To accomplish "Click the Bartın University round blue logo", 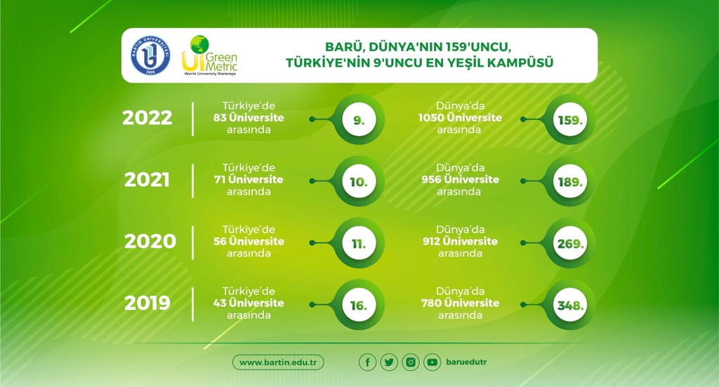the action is pos(150,55).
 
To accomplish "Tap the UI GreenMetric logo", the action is pos(209,55).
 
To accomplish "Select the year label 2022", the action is pos(147,118).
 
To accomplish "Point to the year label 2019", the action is pos(147,303).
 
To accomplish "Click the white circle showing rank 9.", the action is pos(359,119).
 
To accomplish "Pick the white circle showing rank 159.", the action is pos(570,119).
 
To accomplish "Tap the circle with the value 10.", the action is pos(359,182).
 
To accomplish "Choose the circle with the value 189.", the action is pos(570,182).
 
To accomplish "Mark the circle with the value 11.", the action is pos(359,243).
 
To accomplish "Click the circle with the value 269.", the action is pos(570,243).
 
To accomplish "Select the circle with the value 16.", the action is pos(359,305).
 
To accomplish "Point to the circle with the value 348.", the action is pos(570,305).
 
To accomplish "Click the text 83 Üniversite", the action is pos(249,118).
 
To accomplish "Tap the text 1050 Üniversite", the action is pos(460,118).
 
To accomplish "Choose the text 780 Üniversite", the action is pos(460,303).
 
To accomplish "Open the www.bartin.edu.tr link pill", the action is pos(278,362).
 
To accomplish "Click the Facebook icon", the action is pos(367,362).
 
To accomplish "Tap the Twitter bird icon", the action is pos(389,362).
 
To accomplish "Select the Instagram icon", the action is pos(410,362).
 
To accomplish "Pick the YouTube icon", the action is pos(432,362).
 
